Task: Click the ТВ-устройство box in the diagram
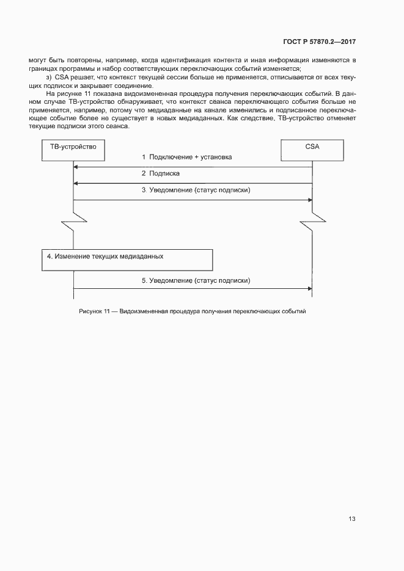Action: (73, 147)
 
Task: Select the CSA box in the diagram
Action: (312, 147)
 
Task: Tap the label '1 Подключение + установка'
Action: (186, 158)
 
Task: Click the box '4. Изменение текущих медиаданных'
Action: (127, 259)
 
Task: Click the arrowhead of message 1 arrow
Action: (76, 167)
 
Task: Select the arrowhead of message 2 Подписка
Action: (76, 183)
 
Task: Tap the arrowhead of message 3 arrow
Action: (310, 200)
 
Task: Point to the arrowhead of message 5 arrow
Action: (310, 289)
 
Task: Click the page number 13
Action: (352, 519)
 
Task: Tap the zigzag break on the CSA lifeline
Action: (312, 218)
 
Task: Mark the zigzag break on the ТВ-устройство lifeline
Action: (73, 218)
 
